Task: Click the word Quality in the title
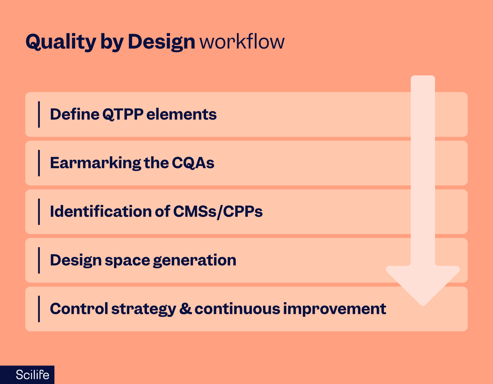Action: coord(61,42)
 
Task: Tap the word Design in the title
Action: coord(161,42)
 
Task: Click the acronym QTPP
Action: coord(123,115)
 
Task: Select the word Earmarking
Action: coord(95,163)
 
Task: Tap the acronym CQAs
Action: coord(193,163)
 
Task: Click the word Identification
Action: coord(101,211)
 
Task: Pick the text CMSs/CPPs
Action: coord(218,212)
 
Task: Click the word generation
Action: coord(195,260)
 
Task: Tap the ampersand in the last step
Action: coord(186,309)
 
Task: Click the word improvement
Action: coord(335,309)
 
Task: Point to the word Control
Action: coord(79,309)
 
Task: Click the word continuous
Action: coord(237,309)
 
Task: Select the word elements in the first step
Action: coord(181,114)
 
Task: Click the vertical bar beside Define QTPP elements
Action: coord(39,115)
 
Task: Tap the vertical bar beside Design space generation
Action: coord(39,260)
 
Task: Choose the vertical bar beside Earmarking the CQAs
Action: coord(39,163)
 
